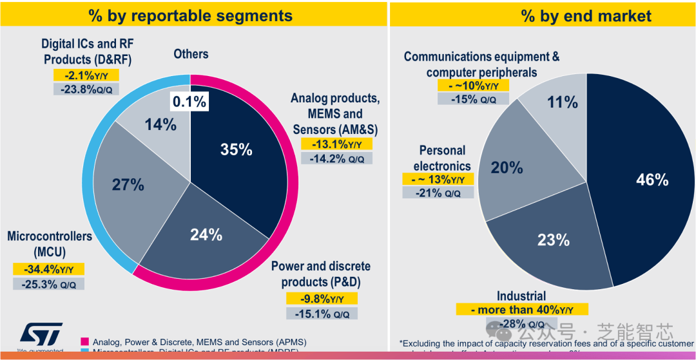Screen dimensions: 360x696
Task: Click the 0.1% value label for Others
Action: [189, 101]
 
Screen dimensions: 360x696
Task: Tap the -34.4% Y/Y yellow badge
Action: [48, 269]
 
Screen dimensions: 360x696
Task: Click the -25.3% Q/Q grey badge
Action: [48, 283]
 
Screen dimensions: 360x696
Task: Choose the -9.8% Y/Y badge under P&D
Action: [322, 299]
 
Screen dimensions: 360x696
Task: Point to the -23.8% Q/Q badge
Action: [86, 90]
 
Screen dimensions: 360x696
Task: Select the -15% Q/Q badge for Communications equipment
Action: [473, 99]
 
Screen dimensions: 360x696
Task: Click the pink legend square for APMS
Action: [84, 342]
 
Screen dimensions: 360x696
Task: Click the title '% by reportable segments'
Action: [191, 15]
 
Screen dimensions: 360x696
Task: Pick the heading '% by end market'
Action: [586, 16]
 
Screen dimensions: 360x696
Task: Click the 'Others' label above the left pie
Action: [191, 54]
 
